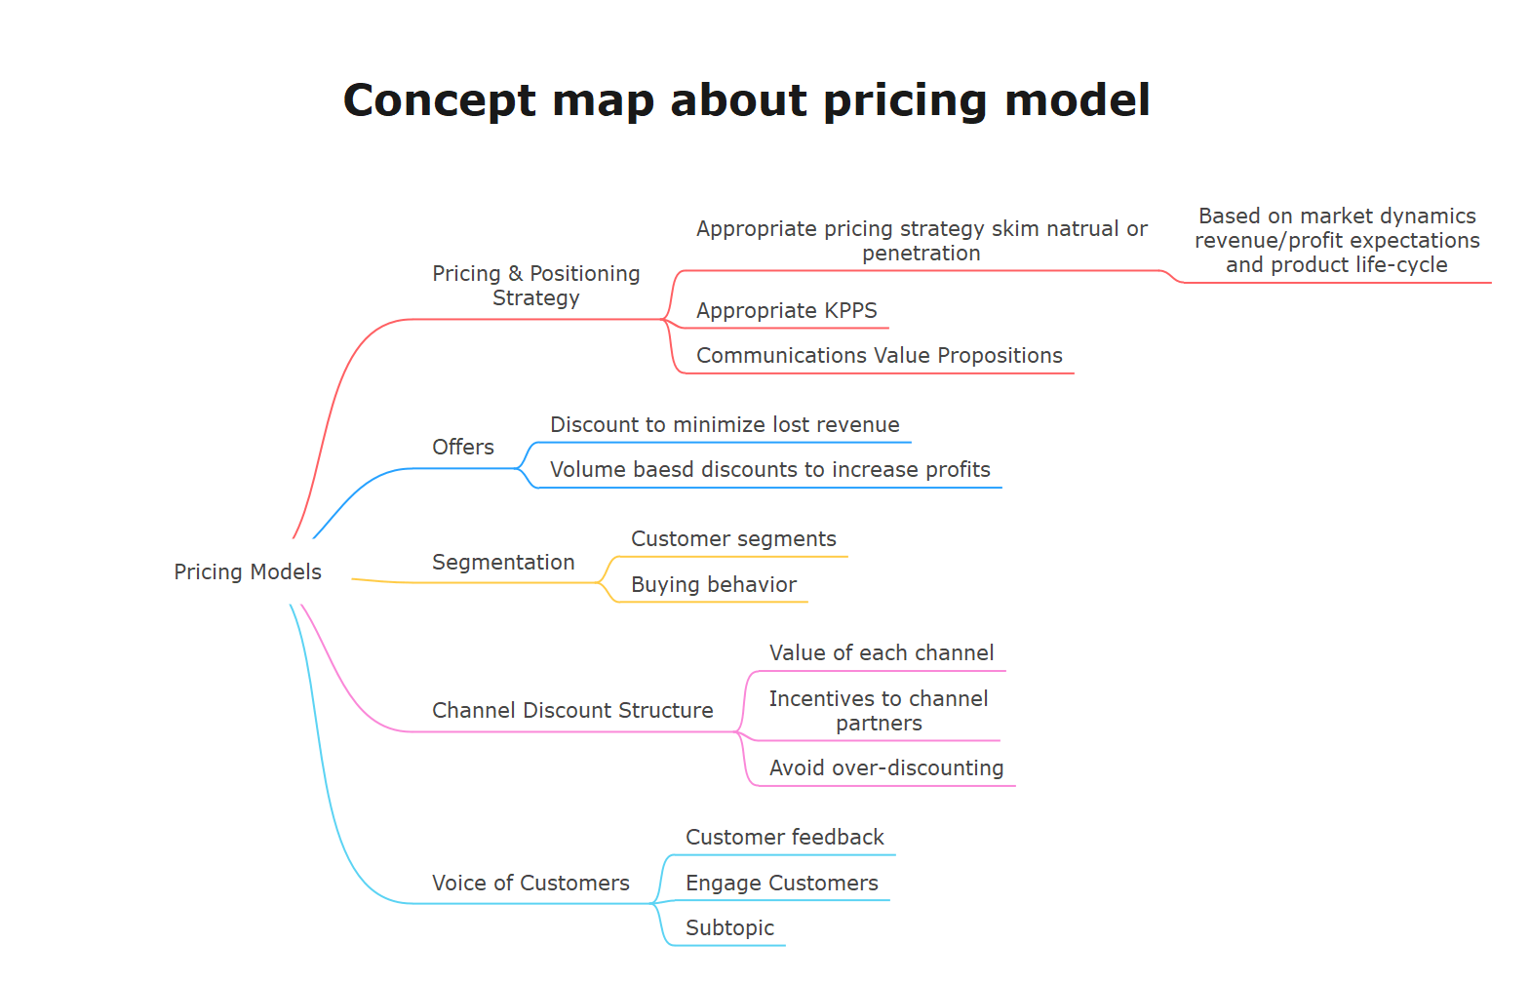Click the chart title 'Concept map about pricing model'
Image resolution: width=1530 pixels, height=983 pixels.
click(x=747, y=101)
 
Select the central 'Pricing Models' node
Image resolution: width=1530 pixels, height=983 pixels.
click(x=248, y=571)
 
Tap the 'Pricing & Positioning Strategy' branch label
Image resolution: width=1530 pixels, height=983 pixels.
click(x=536, y=286)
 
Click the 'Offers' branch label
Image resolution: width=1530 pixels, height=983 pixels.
click(x=463, y=447)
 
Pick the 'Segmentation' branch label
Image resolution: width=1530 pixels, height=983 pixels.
click(x=503, y=563)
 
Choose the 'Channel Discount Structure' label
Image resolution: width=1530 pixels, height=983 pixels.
click(x=572, y=711)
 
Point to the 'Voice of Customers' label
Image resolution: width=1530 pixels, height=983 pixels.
click(x=530, y=883)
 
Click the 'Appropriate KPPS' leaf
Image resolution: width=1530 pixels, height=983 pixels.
click(x=786, y=311)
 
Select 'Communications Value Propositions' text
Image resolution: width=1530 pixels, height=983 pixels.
click(x=879, y=356)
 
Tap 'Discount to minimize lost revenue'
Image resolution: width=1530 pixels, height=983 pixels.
click(x=725, y=425)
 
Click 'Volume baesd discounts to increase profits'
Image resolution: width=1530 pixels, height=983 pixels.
click(x=769, y=470)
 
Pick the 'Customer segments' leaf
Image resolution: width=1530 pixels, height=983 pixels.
click(x=733, y=539)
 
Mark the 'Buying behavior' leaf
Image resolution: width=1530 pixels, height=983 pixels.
click(x=714, y=585)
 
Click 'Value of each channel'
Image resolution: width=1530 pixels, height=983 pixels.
click(x=882, y=653)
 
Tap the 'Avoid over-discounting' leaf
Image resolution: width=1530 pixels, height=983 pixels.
click(x=885, y=767)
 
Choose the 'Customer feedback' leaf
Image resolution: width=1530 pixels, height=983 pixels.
click(x=785, y=838)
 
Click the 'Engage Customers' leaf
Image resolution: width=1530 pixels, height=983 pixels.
click(x=781, y=884)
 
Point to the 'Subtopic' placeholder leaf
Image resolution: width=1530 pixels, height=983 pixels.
click(x=729, y=928)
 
